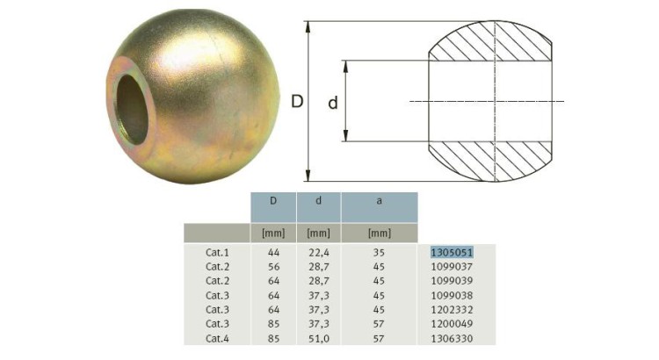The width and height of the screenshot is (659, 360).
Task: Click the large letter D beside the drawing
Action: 297,102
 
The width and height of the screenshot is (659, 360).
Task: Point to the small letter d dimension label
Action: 333,103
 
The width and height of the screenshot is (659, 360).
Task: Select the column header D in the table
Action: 273,201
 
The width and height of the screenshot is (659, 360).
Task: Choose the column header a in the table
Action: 379,201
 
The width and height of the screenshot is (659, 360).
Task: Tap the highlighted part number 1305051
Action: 452,252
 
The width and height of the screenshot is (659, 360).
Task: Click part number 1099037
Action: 452,266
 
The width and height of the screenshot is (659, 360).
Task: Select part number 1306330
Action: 452,338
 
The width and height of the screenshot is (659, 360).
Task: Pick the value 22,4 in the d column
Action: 318,252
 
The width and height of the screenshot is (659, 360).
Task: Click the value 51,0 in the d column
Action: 318,338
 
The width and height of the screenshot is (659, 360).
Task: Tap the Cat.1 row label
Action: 217,252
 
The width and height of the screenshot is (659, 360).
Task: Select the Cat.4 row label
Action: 217,338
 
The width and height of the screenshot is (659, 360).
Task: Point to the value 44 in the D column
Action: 273,252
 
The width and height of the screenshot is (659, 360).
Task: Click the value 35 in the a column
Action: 379,252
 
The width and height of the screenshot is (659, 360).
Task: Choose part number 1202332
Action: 452,309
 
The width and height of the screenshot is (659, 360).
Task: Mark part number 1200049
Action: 452,323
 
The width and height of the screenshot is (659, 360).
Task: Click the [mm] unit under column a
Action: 379,233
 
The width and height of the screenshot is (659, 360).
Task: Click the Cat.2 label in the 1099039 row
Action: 217,280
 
